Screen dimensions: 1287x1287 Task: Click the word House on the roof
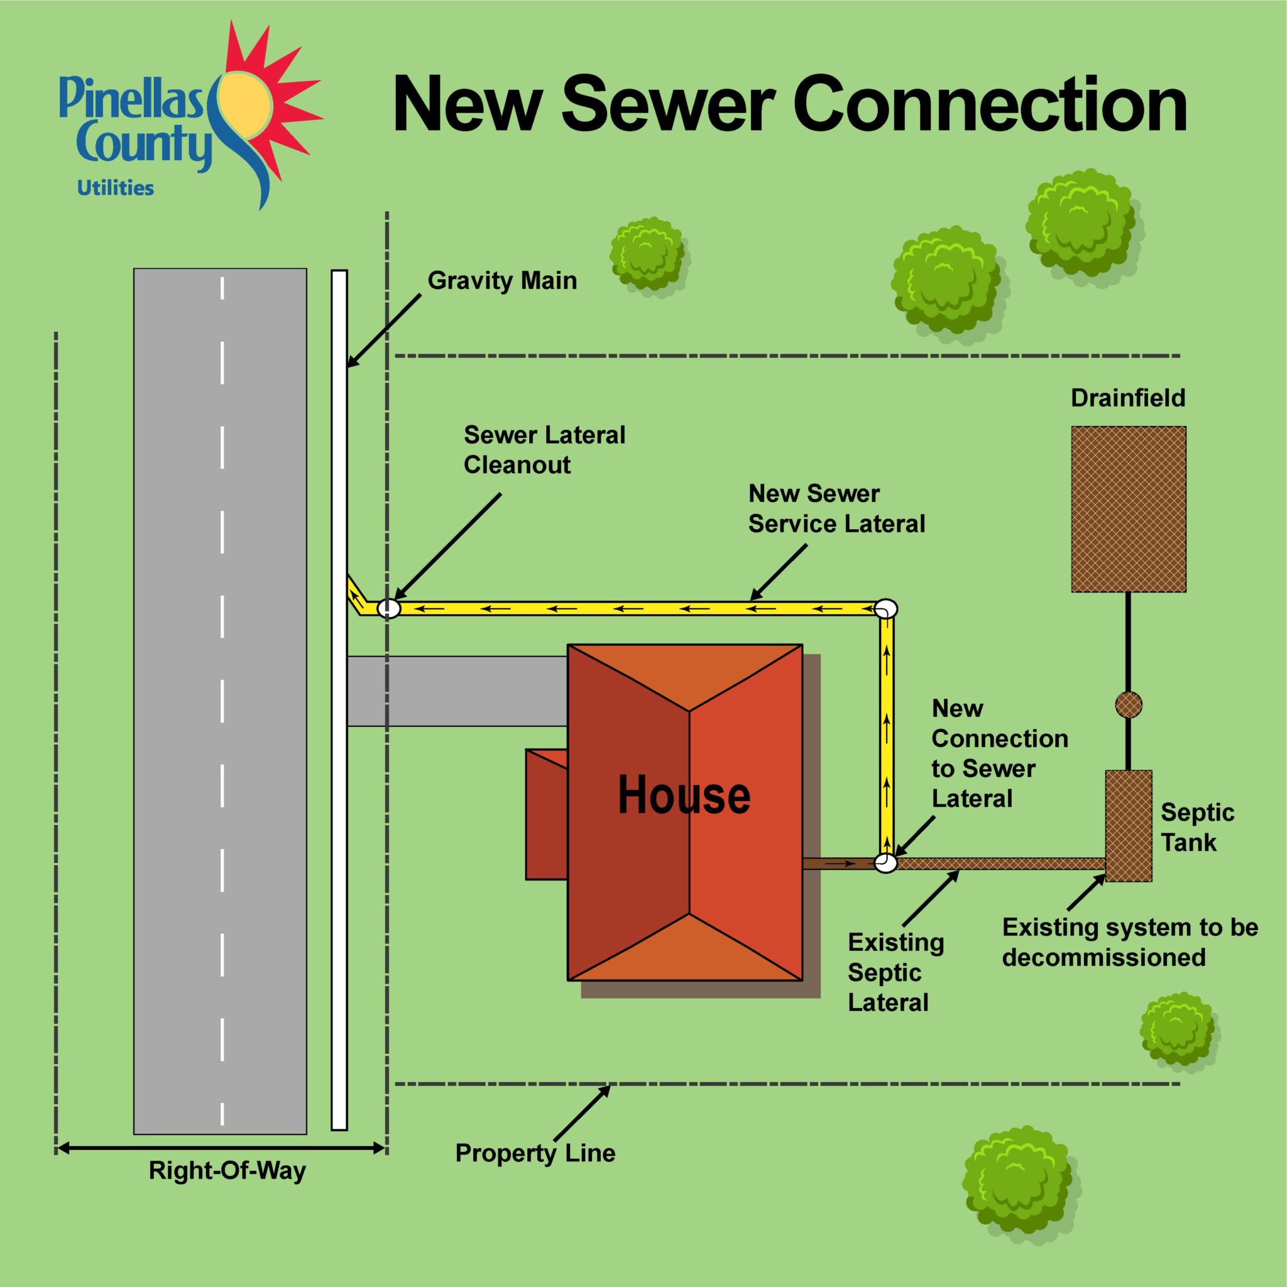click(x=684, y=796)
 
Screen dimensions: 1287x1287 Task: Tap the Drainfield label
click(x=1128, y=398)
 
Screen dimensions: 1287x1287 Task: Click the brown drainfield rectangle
click(x=1129, y=509)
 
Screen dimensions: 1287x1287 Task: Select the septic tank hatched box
click(x=1129, y=826)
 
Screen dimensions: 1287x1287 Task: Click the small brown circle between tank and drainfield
click(x=1129, y=704)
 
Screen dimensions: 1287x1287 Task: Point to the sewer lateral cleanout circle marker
click(x=388, y=608)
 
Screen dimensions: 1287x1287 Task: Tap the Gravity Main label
click(x=501, y=280)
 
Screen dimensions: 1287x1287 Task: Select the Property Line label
click(x=535, y=1153)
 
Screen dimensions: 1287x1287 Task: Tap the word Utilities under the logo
click(x=115, y=189)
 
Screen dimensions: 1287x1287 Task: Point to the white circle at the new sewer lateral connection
click(x=886, y=863)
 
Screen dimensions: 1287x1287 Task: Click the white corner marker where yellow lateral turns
click(x=886, y=608)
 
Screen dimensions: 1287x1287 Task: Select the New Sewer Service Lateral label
click(x=836, y=509)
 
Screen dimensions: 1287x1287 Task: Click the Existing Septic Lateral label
click(x=895, y=973)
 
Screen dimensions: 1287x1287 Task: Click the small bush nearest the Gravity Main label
click(x=647, y=252)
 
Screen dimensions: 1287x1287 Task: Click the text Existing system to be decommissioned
click(x=1129, y=943)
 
